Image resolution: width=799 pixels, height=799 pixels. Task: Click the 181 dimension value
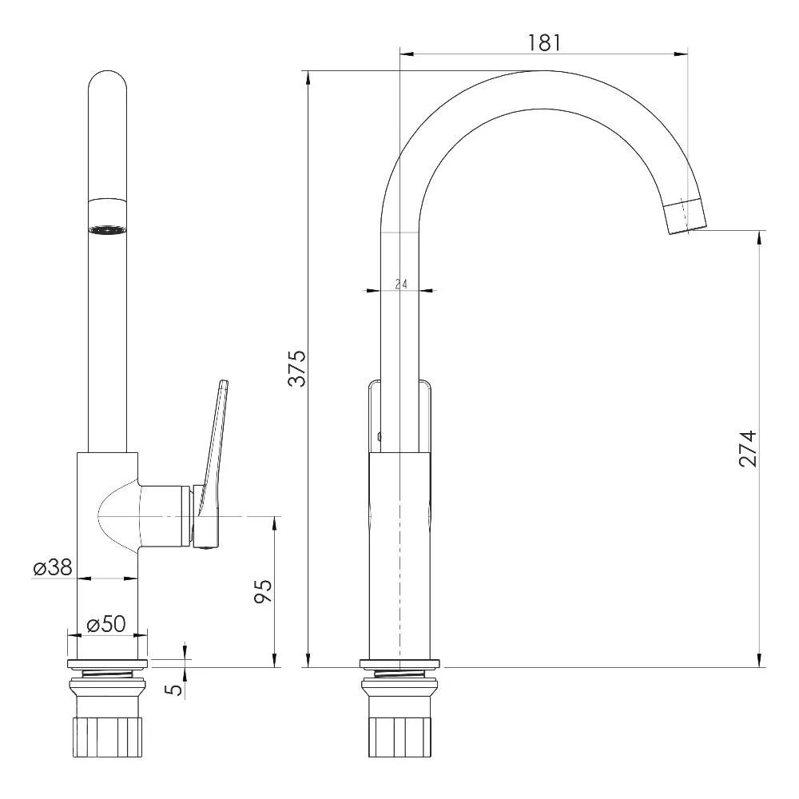pos(544,43)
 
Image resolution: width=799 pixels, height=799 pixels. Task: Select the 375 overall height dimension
pos(297,368)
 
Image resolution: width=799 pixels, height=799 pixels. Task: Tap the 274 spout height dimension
pos(749,449)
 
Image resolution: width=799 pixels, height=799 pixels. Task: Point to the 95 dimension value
pos(264,591)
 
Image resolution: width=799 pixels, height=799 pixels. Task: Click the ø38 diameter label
pos(53,567)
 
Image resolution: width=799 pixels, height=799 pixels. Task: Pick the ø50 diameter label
pos(106,624)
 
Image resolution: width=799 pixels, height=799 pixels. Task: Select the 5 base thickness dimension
pos(175,690)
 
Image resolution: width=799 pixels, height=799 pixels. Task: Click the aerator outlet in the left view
pos(107,230)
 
